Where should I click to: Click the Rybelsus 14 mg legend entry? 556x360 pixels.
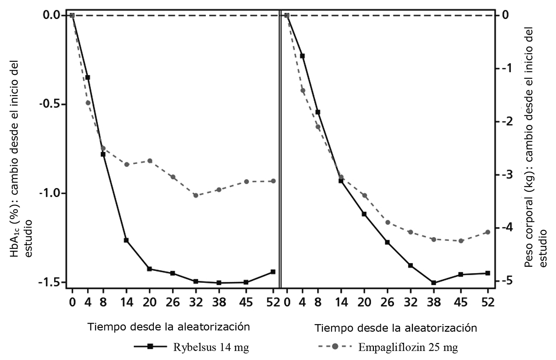pyautogui.click(x=191, y=348)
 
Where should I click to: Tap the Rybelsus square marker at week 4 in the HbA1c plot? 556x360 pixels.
pyautogui.click(x=88, y=77)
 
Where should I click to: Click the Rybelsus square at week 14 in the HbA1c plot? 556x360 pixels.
pyautogui.click(x=126, y=240)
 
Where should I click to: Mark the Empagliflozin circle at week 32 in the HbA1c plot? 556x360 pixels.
pyautogui.click(x=195, y=196)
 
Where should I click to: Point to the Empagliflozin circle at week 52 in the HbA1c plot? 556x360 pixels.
pyautogui.click(x=273, y=181)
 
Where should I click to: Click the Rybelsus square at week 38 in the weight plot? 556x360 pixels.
pyautogui.click(x=434, y=283)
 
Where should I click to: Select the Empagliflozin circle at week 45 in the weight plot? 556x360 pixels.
pyautogui.click(x=461, y=241)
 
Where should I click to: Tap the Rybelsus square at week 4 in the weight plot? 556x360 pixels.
pyautogui.click(x=302, y=56)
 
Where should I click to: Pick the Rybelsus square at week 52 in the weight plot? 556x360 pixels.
pyautogui.click(x=488, y=273)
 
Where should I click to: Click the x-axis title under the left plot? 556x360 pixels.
pyautogui.click(x=168, y=326)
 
